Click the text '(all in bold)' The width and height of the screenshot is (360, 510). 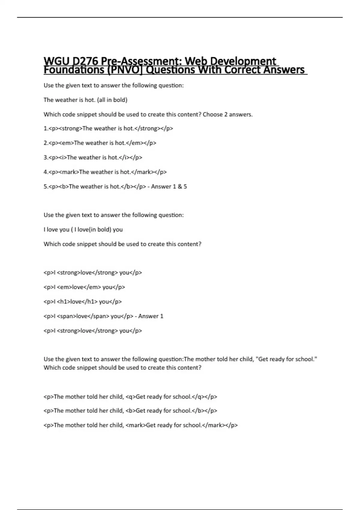click(x=112, y=100)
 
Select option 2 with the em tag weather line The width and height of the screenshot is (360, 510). click(x=100, y=143)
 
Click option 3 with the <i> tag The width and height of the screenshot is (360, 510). click(x=93, y=157)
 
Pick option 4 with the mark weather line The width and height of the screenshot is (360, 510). click(x=105, y=172)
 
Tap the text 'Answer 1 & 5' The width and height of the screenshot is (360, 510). click(x=169, y=187)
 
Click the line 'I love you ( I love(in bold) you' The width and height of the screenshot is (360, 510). click(x=83, y=229)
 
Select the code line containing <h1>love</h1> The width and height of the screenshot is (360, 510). click(x=83, y=302)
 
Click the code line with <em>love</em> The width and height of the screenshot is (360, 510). click(x=84, y=287)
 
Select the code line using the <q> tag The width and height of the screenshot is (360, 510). click(x=130, y=397)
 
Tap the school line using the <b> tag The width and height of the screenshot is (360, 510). click(x=130, y=411)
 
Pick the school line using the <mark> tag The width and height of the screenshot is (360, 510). click(x=140, y=425)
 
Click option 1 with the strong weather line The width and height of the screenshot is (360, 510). click(x=108, y=128)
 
